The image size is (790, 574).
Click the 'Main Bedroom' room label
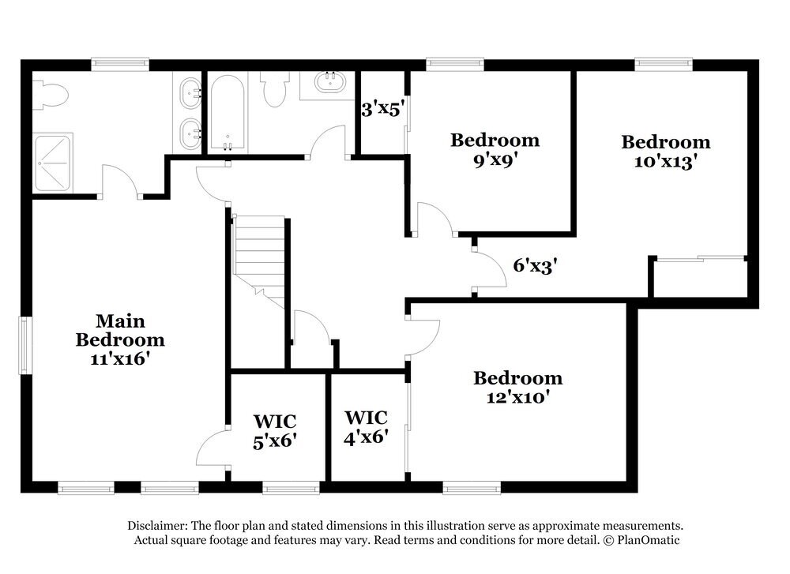pyautogui.click(x=120, y=330)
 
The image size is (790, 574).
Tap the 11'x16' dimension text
pyautogui.click(x=120, y=358)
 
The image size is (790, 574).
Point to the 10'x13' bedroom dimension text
pyautogui.click(x=665, y=161)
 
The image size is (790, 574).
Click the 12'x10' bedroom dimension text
pyautogui.click(x=517, y=397)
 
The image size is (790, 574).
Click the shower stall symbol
pyautogui.click(x=53, y=162)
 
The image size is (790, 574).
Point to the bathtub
pyautogui.click(x=228, y=113)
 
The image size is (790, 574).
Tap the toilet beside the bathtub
pyautogui.click(x=274, y=89)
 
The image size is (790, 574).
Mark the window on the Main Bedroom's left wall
pyautogui.click(x=25, y=345)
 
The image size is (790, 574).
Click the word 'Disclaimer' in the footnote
pyautogui.click(x=156, y=526)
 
